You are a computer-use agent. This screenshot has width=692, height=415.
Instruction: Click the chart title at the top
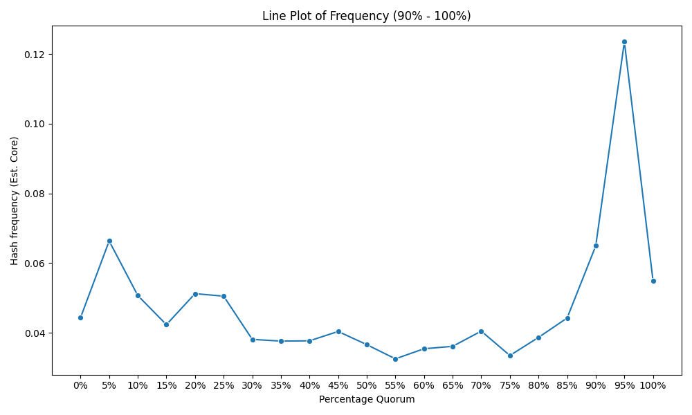366,16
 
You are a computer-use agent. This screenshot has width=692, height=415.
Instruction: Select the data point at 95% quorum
624,42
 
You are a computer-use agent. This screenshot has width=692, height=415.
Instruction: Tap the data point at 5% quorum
109,241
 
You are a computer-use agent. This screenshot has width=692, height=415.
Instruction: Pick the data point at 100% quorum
654,281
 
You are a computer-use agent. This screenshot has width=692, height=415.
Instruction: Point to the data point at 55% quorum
395,359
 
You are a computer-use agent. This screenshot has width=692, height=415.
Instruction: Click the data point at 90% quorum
597,246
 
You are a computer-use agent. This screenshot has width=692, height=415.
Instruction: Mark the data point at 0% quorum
80,317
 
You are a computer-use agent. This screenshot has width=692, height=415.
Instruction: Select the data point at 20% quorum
195,294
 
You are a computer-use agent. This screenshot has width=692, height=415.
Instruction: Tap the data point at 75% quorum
510,356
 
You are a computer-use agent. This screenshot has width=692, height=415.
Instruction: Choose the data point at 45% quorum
338,331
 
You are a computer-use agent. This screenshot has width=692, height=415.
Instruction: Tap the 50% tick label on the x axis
367,385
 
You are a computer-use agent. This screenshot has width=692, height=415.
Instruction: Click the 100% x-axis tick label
653,385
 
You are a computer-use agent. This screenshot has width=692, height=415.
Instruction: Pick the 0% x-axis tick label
80,385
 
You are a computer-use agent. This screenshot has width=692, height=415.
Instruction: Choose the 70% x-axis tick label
481,385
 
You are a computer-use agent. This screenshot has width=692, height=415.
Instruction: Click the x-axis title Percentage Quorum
367,400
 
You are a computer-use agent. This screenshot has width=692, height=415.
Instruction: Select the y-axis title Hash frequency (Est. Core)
15,201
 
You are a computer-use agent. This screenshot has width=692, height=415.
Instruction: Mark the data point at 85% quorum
567,318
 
